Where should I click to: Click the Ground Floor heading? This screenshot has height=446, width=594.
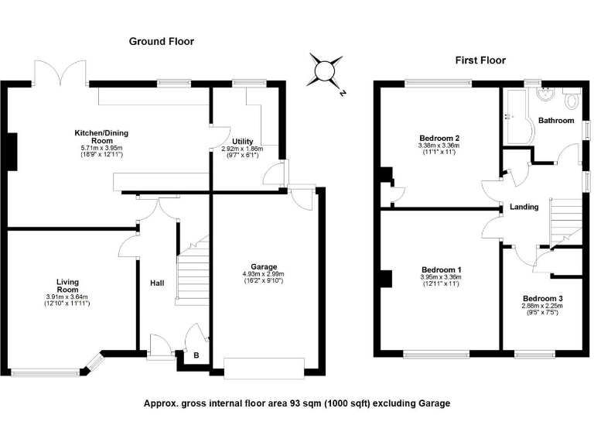(x=161, y=41)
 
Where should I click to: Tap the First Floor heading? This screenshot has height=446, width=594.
(x=480, y=60)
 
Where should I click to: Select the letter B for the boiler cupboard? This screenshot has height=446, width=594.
(x=196, y=356)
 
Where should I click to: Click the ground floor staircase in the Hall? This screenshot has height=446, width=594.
(x=193, y=271)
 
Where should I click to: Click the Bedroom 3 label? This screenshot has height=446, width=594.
(x=542, y=299)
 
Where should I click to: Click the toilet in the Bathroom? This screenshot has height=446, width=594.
(x=572, y=99)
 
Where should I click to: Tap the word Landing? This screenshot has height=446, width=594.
(x=524, y=207)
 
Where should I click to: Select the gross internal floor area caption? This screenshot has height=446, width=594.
(x=296, y=403)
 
